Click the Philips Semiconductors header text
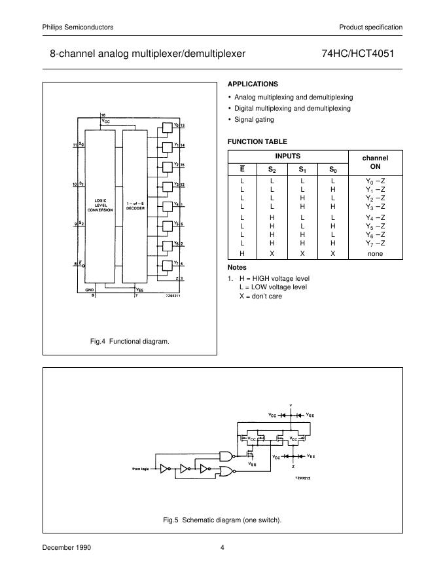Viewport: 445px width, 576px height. pos(78,27)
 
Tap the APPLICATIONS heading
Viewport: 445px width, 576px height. pos(253,84)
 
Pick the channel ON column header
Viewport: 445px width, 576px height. pos(375,162)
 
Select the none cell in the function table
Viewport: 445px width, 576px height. pos(375,253)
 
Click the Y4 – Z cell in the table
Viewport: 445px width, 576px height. pos(375,217)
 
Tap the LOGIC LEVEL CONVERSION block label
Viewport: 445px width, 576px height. pos(105,205)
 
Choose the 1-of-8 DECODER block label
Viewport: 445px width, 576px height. pos(135,205)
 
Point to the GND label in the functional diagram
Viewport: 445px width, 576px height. pos(90,289)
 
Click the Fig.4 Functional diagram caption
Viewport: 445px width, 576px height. pos(130,341)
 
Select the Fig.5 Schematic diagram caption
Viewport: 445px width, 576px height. pos(222,520)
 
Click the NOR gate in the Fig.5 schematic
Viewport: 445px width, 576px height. pos(226,472)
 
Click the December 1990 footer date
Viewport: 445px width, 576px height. pos(67,547)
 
